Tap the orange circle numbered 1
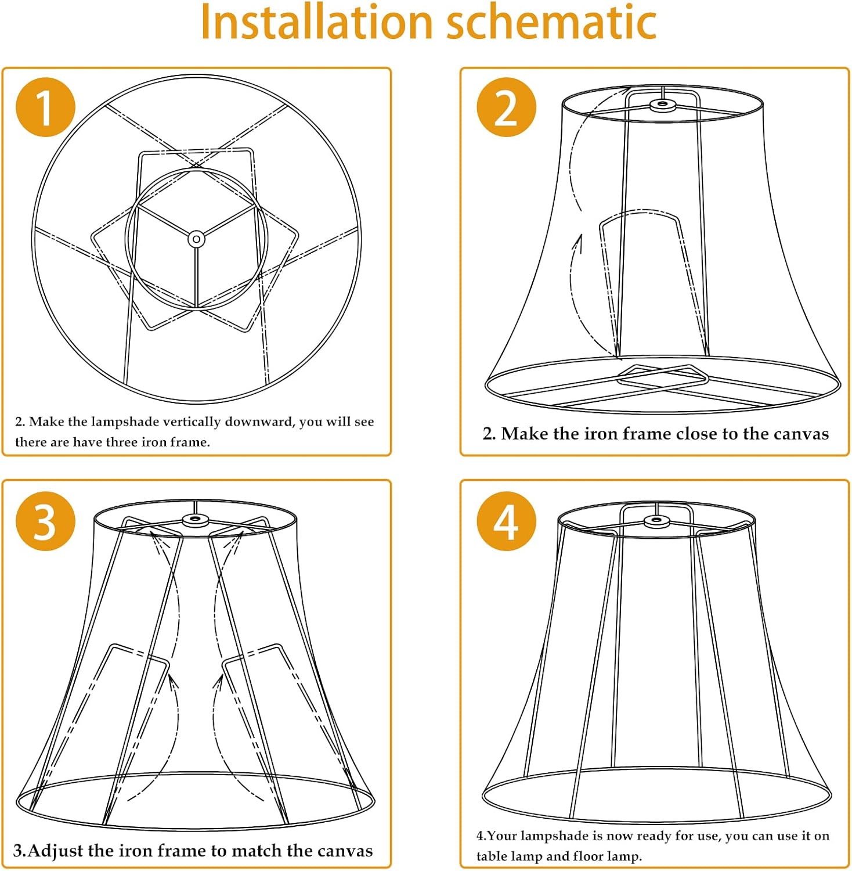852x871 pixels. (x=45, y=107)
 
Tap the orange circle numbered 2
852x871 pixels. (x=506, y=107)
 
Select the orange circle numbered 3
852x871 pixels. (x=45, y=521)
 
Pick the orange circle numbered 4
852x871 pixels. (x=506, y=521)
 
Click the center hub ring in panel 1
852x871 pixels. (x=197, y=239)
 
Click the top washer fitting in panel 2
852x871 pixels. (x=662, y=105)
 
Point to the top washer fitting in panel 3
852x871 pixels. (x=196, y=520)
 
